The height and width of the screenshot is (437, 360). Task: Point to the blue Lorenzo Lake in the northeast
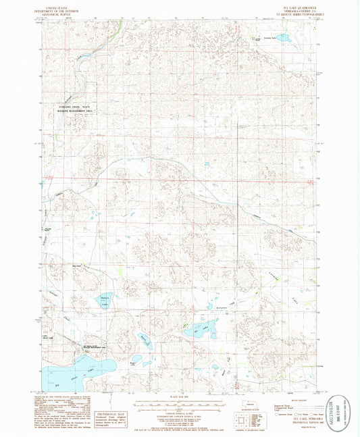click(284, 38)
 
